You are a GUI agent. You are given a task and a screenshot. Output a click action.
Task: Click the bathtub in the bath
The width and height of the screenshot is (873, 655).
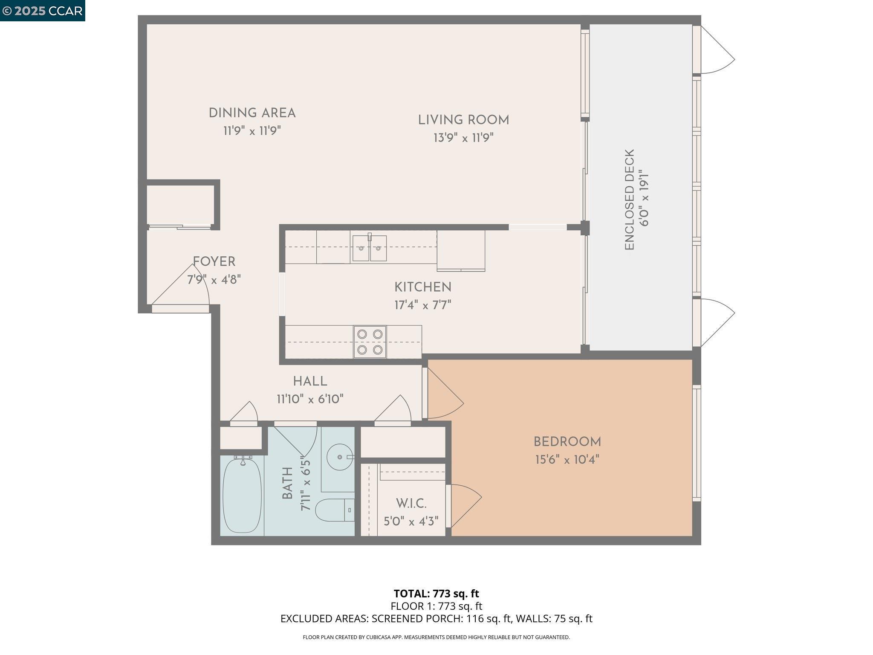point(242,495)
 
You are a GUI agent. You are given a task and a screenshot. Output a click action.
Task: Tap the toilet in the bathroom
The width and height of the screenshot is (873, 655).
point(335,510)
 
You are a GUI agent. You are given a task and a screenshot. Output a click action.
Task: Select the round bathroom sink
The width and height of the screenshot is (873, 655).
point(340,457)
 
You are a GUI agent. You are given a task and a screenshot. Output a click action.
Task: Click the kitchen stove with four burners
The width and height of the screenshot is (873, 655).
point(370,342)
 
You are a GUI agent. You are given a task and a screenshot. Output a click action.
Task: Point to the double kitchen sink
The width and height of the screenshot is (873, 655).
point(369,248)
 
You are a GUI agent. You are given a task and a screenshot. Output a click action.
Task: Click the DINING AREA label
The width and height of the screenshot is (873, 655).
point(252,113)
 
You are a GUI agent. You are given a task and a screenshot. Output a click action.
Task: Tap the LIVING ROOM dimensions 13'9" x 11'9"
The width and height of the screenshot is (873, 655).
point(463,138)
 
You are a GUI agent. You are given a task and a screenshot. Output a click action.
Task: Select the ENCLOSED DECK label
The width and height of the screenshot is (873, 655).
point(630,200)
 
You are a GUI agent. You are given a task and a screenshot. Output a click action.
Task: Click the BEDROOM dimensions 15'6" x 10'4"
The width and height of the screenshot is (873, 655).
point(567,460)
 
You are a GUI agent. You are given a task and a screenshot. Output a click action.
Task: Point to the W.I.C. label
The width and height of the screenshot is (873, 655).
point(411,504)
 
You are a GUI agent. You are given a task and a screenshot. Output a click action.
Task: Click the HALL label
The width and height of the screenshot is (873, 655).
point(310,381)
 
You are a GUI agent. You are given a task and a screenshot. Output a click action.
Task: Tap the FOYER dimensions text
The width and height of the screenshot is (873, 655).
point(214,280)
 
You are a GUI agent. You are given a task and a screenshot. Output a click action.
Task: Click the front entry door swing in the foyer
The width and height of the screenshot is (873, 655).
point(183,288)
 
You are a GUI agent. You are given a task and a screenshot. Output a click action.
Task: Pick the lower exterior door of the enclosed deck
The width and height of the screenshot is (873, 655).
point(716,322)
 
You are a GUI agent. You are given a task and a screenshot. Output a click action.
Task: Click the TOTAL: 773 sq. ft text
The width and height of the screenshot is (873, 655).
point(436,594)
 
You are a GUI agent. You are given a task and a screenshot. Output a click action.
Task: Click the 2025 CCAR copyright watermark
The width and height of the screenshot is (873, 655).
point(43,11)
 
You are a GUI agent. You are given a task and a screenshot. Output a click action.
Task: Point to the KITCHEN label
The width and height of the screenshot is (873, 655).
point(422,287)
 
